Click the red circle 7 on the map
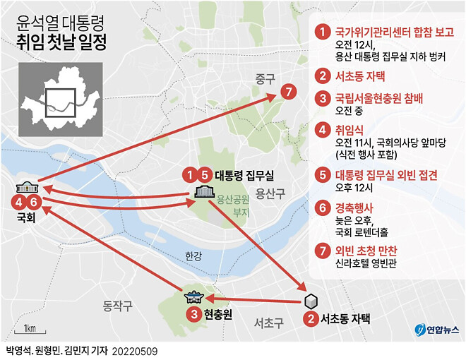(286, 92)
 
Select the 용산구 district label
(269, 193)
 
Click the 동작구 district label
(118, 306)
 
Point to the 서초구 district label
(268, 323)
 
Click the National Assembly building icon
(28, 188)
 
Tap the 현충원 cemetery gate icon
(192, 299)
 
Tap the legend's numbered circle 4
(323, 131)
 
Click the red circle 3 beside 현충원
(192, 314)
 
